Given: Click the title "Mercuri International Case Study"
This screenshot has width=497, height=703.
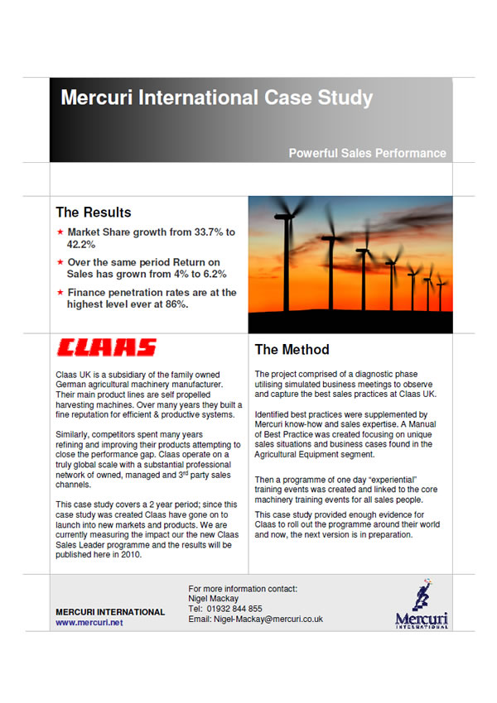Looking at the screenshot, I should pyautogui.click(x=216, y=98).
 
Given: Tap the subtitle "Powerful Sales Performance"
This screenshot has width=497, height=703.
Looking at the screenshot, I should pyautogui.click(x=367, y=153).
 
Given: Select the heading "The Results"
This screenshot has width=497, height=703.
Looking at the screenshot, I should pyautogui.click(x=93, y=213).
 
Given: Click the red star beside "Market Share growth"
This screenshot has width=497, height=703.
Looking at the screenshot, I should pyautogui.click(x=60, y=233).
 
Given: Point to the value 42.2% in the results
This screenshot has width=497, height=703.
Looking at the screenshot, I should pyautogui.click(x=82, y=245).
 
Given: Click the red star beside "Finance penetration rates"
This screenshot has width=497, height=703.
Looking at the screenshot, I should pyautogui.click(x=60, y=292).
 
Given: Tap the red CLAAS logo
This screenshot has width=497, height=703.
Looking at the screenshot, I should pyautogui.click(x=106, y=347).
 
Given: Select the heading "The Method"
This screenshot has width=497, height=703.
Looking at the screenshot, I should pyautogui.click(x=292, y=350).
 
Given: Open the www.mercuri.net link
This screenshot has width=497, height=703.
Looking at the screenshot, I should pyautogui.click(x=89, y=623).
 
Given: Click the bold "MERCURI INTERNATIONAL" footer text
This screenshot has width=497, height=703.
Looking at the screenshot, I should pyautogui.click(x=110, y=612).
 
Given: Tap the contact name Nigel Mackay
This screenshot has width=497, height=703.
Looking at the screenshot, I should pyautogui.click(x=215, y=598).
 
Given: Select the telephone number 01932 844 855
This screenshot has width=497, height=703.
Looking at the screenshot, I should pyautogui.click(x=234, y=609).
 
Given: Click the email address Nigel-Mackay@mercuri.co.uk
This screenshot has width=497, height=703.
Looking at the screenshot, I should pyautogui.click(x=268, y=619).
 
